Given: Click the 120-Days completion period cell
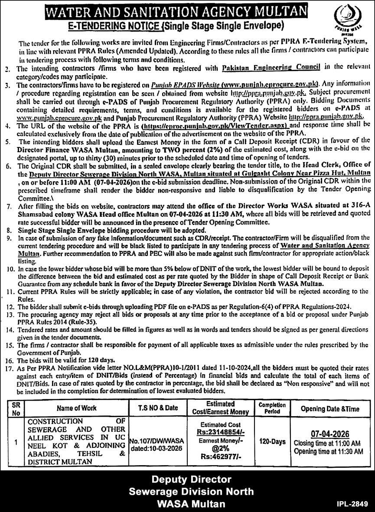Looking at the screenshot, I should coord(272,442).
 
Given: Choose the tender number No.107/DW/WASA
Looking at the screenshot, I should coord(157,440).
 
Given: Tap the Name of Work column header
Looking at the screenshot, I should coord(76,408).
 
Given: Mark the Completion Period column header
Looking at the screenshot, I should coord(272,408).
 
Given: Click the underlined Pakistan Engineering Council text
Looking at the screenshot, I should coord(271,66).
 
